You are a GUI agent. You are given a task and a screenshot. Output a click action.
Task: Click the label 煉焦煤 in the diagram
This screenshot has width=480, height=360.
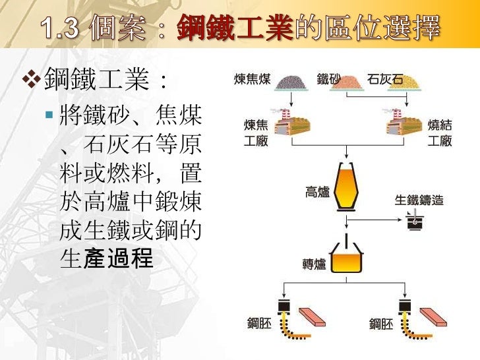click(x=252, y=80)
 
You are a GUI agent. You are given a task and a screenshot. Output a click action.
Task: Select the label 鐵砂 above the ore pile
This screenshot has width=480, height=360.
click(x=328, y=80)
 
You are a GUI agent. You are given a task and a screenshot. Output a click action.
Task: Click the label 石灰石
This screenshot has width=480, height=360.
click(x=386, y=80)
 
